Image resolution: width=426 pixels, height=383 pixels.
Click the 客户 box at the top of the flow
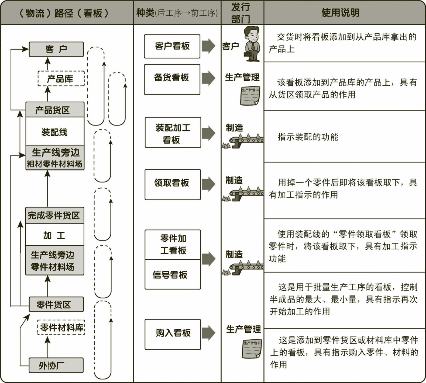click(x=56, y=49)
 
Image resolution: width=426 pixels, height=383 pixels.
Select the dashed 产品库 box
click(x=61, y=79)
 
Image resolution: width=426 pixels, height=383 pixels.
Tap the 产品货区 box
click(x=55, y=110)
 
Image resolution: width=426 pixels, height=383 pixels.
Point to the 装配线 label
click(x=54, y=132)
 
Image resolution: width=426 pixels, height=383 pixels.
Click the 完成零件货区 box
click(x=54, y=215)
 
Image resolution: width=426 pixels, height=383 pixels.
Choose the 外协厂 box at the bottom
click(x=56, y=365)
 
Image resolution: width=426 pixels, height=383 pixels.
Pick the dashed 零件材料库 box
click(x=61, y=328)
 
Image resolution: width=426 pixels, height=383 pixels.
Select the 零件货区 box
click(x=56, y=304)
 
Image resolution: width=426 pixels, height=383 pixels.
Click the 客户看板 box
click(x=172, y=46)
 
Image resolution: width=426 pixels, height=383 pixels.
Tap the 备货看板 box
click(x=172, y=79)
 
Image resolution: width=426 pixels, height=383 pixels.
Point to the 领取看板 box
click(x=173, y=184)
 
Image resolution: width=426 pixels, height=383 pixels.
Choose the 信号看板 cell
click(x=173, y=275)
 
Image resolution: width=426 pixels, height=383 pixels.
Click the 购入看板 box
click(x=173, y=334)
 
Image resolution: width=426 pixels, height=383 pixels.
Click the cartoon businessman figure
click(x=252, y=44)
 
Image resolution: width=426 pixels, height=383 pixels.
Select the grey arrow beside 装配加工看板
click(x=208, y=133)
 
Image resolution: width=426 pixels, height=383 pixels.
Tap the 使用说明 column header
click(x=340, y=13)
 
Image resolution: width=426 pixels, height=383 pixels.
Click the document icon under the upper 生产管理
click(x=250, y=96)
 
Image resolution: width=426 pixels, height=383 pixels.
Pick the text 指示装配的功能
click(x=308, y=137)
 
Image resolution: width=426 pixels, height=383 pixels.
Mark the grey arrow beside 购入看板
click(x=208, y=333)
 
